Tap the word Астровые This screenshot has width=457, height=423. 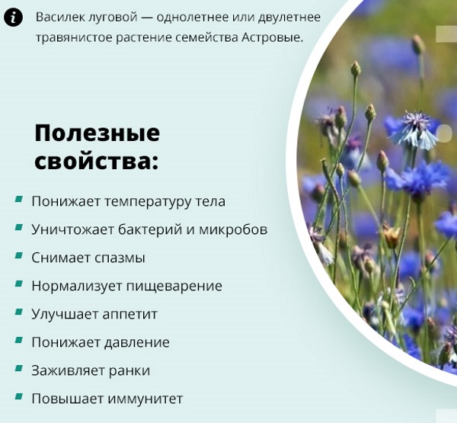(x=273, y=37)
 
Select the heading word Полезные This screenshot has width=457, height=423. (x=97, y=133)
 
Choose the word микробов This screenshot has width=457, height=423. (x=233, y=229)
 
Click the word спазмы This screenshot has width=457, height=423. (x=120, y=258)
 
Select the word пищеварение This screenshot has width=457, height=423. (x=174, y=286)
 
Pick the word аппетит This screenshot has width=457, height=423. (x=130, y=315)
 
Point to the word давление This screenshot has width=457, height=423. (x=136, y=343)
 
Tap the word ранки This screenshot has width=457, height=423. (x=129, y=370)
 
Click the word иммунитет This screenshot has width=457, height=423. (x=145, y=399)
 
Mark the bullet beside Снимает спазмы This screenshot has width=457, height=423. (x=18, y=256)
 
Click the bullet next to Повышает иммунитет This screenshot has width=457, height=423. (x=18, y=397)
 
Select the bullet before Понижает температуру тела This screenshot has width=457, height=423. (x=18, y=200)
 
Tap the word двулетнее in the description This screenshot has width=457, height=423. (x=289, y=18)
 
